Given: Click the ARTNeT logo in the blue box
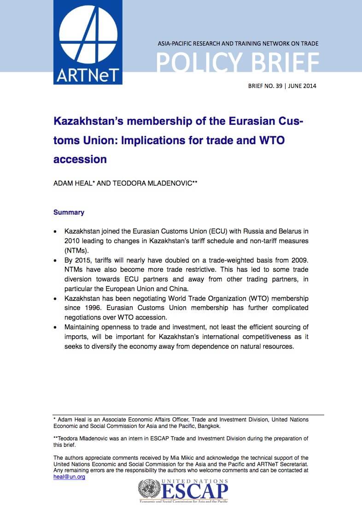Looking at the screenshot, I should pos(88,42).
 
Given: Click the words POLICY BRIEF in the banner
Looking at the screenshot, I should pos(238,63).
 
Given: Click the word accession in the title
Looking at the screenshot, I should pos(80,159).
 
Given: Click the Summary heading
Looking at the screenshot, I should pos(69,212).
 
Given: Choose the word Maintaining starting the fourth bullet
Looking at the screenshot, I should pos(84,327).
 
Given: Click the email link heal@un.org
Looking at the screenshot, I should pos(69,477).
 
